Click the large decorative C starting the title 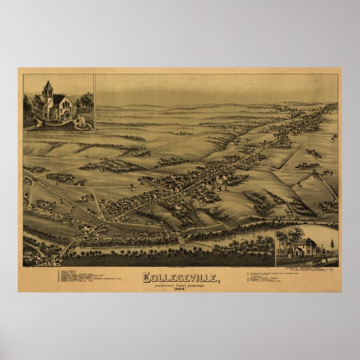[146, 277]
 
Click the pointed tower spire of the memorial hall [48, 85]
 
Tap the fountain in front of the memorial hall [81, 120]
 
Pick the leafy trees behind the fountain [86, 101]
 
